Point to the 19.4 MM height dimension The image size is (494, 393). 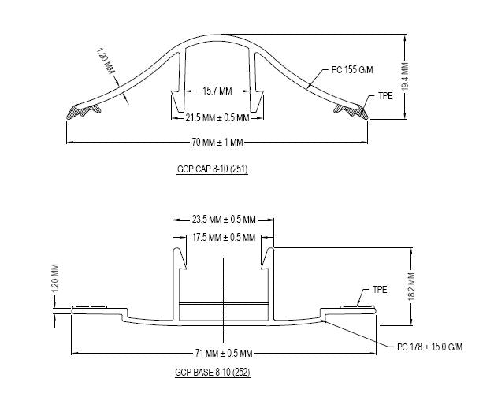405,78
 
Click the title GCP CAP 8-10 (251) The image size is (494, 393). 213,169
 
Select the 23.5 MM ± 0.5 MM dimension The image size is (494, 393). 225,220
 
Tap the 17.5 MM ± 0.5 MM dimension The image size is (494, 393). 225,237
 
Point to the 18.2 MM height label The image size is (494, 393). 411,284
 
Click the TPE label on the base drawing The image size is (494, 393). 380,289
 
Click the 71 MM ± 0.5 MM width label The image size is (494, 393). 224,352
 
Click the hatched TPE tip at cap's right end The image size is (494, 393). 354,111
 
